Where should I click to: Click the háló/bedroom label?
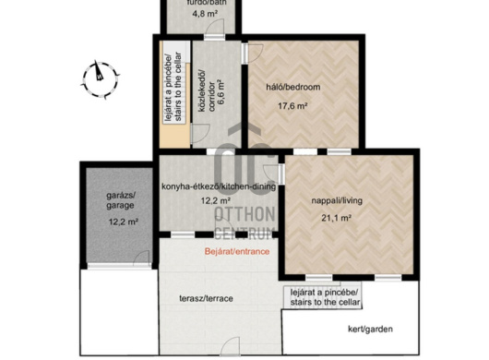tap(293, 87)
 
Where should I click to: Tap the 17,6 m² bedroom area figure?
tap(292, 106)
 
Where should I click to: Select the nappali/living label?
tap(337, 200)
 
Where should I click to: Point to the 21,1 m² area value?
tap(337, 218)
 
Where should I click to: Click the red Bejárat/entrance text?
tap(237, 251)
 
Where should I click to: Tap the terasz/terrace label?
tap(206, 298)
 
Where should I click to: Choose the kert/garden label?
tap(370, 330)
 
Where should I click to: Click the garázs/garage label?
tap(121, 200)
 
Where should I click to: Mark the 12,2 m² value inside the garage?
tap(124, 222)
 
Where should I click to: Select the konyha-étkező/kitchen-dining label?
tap(219, 186)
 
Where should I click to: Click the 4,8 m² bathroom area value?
tap(205, 14)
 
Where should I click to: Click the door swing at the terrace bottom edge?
tap(230, 346)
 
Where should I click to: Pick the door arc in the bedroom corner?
tap(255, 53)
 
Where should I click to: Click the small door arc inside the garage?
tap(142, 258)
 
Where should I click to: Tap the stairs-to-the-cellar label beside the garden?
tap(326, 297)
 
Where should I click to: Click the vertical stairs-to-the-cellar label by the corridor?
tap(173, 87)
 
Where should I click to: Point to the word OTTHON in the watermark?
tap(244, 214)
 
